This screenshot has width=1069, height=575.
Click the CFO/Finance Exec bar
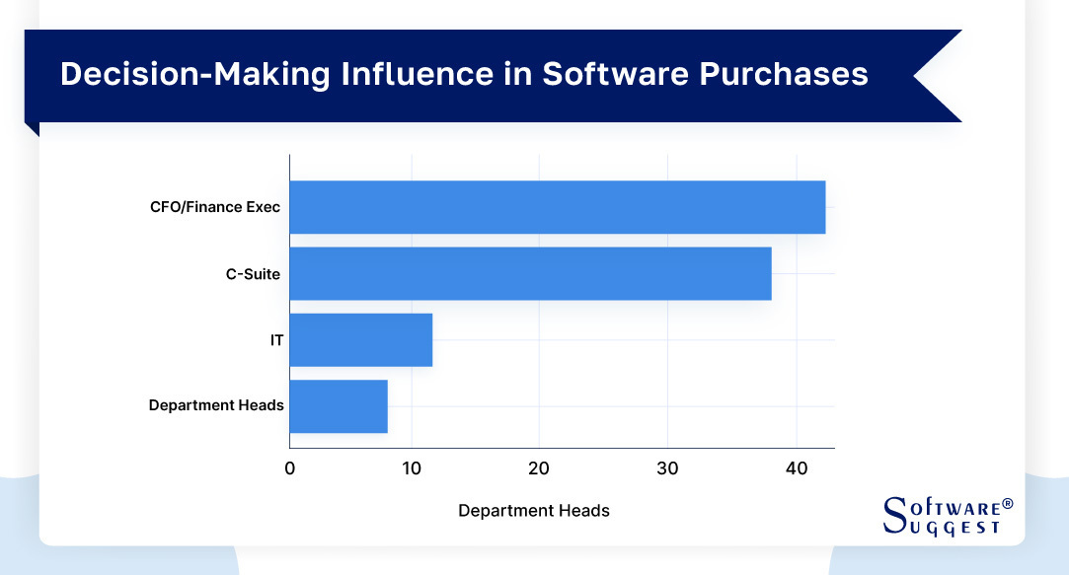(x=557, y=207)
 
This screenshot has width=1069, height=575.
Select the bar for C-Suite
(x=530, y=273)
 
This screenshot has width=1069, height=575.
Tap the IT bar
(x=361, y=339)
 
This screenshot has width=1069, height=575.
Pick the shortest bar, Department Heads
(x=339, y=405)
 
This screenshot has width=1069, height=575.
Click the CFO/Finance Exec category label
(x=215, y=207)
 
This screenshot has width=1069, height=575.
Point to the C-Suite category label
(x=253, y=273)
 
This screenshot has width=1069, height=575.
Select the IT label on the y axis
(x=277, y=339)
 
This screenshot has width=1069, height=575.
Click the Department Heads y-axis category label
(x=216, y=405)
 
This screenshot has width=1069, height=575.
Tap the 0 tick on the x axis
(x=289, y=468)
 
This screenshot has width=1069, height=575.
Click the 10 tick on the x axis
(x=412, y=468)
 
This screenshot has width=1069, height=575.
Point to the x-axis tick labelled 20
(x=538, y=468)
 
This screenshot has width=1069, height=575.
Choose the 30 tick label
(x=667, y=468)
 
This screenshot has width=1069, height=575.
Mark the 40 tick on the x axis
(x=796, y=468)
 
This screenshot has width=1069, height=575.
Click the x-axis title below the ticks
(x=534, y=511)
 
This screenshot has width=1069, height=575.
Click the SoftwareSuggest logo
(x=946, y=516)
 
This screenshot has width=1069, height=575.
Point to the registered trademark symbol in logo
(x=1008, y=504)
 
